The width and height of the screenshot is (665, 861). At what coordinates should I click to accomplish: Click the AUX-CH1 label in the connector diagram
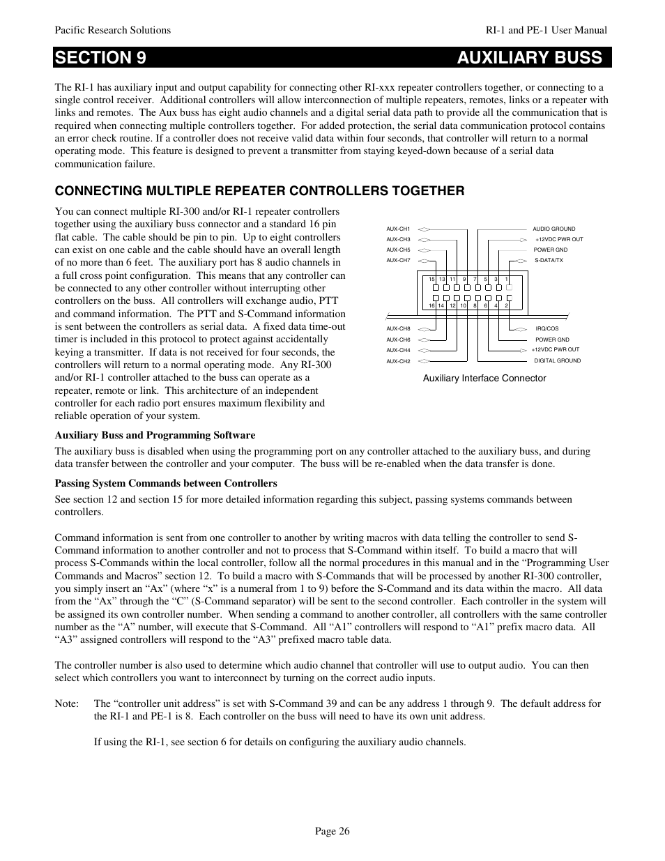(398, 229)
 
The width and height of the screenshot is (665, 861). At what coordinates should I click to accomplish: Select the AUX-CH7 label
(398, 260)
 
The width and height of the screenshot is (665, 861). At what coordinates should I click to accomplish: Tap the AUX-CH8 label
(398, 328)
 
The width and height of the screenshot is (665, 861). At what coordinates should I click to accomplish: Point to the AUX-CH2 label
(398, 361)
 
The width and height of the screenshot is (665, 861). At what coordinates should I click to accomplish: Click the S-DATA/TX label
(549, 260)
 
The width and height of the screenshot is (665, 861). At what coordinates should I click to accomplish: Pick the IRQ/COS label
(547, 328)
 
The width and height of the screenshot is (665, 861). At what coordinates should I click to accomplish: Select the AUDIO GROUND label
(554, 229)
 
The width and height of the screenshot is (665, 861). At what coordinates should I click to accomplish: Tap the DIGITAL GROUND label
(557, 361)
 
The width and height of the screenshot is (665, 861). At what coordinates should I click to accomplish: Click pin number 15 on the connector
(431, 280)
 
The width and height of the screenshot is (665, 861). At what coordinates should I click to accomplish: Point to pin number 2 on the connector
(507, 305)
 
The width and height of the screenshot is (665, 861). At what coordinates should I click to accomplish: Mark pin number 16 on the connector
(431, 305)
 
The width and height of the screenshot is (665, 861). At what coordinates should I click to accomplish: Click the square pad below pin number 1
(509, 287)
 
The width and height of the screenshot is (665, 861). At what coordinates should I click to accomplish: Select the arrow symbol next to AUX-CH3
(425, 239)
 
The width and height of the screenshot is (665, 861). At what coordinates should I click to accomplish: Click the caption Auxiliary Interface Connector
(484, 379)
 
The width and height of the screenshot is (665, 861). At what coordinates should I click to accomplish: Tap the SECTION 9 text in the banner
(101, 58)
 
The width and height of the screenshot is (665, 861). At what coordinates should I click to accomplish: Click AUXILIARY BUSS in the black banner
(530, 58)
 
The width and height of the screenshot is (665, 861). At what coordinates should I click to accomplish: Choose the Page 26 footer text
(332, 831)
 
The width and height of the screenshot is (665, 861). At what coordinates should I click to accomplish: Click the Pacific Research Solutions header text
(113, 30)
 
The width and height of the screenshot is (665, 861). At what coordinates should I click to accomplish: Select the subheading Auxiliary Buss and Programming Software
(155, 435)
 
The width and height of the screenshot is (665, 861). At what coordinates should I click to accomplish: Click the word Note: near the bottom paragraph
(66, 703)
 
